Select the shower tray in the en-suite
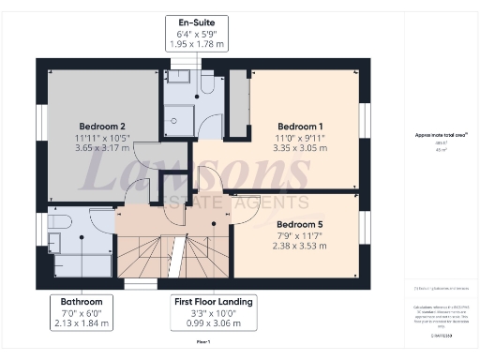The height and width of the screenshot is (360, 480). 177,114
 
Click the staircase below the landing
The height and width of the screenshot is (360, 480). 175,258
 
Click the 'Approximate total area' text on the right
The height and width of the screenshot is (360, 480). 441,135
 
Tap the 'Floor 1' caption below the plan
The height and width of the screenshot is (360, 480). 202,343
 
